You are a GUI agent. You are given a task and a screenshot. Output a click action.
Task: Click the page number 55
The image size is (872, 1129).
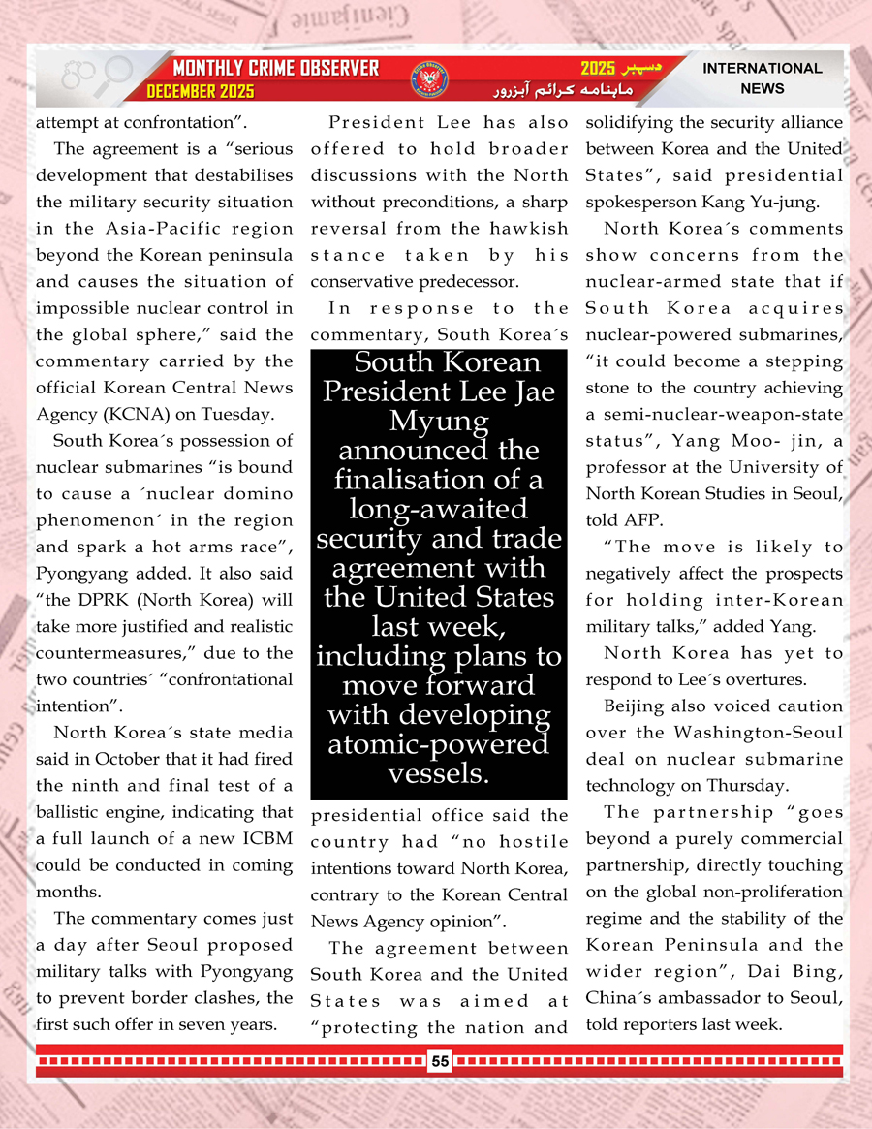pyautogui.click(x=440, y=1061)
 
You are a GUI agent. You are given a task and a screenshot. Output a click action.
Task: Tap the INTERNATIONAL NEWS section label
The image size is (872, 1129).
pyautogui.click(x=762, y=78)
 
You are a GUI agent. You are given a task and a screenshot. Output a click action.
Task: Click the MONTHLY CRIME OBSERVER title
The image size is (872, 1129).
pyautogui.click(x=275, y=69)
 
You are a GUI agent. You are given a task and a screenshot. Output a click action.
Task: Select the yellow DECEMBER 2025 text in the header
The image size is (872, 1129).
pyautogui.click(x=201, y=92)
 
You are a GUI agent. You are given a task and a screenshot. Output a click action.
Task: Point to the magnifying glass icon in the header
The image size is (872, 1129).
pyautogui.click(x=116, y=73)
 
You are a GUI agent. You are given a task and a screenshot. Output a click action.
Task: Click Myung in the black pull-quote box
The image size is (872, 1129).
pyautogui.click(x=438, y=422)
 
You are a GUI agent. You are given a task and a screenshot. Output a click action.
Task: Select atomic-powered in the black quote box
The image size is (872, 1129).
pyautogui.click(x=438, y=744)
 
